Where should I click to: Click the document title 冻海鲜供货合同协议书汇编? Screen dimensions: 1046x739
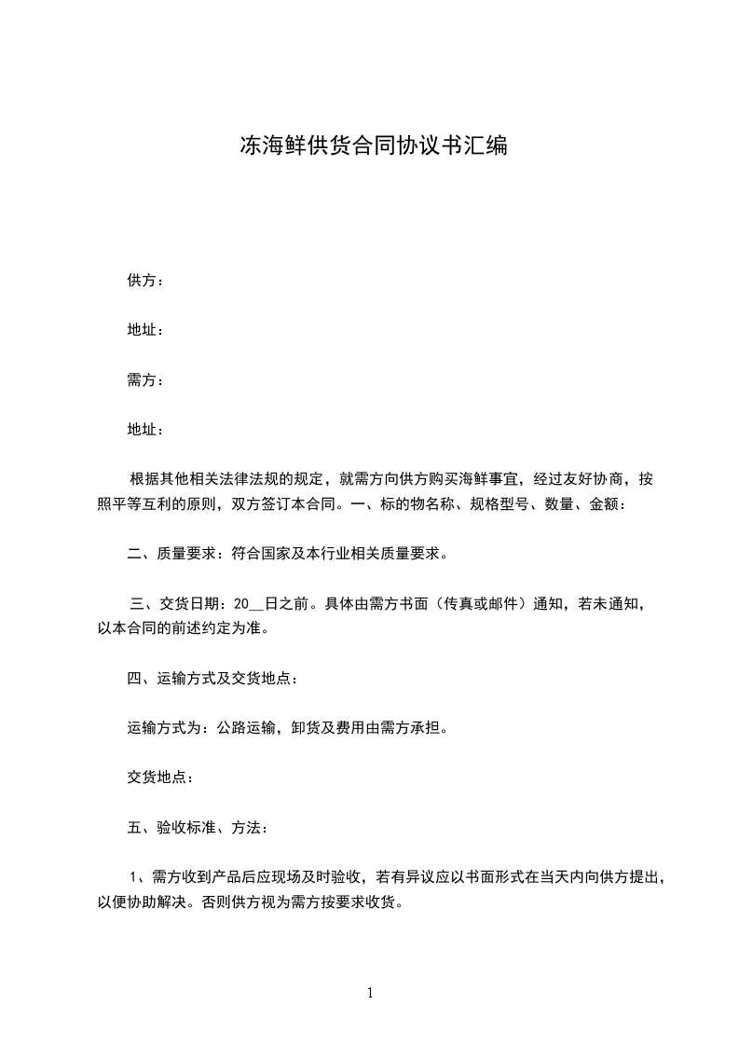[x=374, y=146]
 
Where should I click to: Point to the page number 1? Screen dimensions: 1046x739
[x=370, y=993]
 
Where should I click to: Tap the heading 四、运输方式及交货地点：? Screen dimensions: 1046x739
[x=213, y=679]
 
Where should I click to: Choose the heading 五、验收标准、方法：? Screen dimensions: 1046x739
[x=198, y=827]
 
